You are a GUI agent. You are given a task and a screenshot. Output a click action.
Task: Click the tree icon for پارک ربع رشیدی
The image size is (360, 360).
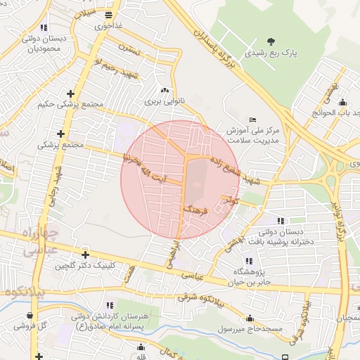(272, 41)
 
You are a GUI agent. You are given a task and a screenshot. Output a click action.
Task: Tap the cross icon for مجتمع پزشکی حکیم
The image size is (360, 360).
(70, 94)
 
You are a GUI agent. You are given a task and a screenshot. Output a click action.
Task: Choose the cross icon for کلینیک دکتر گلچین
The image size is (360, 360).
(85, 255)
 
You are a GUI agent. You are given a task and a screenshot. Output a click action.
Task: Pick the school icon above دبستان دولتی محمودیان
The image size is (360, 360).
(44, 27)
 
